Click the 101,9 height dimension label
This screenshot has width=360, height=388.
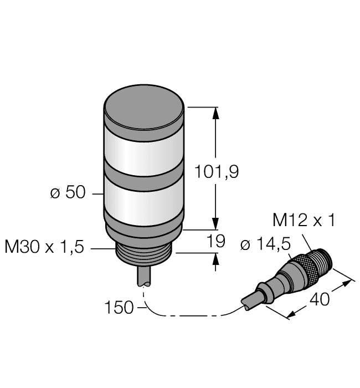pos(217,173)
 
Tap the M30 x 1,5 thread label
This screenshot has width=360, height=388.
pos(44,247)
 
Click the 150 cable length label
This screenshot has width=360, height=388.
pos(119,307)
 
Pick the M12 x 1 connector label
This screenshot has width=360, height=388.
pos(304,221)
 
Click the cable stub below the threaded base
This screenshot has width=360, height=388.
pos(143,275)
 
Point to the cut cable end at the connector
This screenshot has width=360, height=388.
pos(246,303)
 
